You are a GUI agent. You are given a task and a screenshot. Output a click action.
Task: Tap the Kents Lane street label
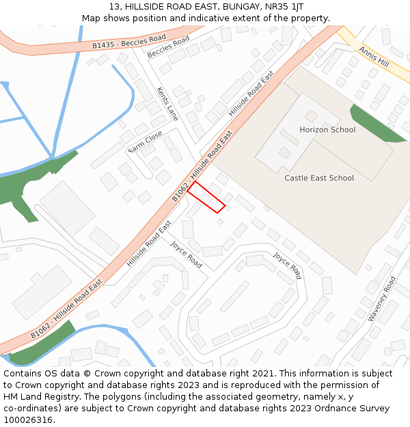pos(167,104)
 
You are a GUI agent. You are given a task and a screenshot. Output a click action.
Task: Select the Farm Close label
pos(146,141)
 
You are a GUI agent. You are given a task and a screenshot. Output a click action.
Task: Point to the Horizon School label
pos(327,130)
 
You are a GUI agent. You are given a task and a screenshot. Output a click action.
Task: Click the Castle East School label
pos(319,178)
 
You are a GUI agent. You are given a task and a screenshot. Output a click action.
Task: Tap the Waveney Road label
pos(382,299)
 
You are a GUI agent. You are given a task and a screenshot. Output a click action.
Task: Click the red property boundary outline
pos(206,197)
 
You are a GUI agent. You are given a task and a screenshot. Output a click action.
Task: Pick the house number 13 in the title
pos(113,7)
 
